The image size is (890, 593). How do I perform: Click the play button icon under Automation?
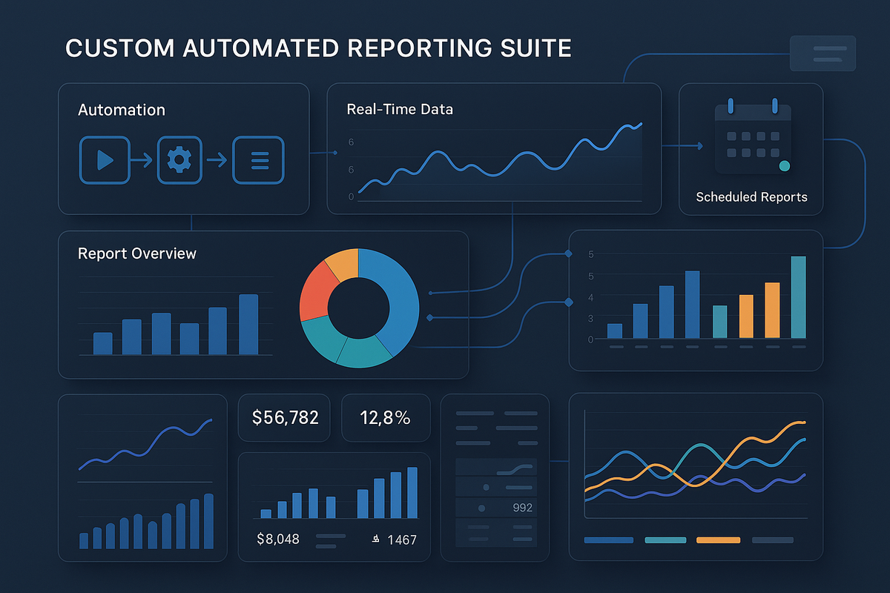click(104, 159)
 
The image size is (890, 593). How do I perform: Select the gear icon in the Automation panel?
click(179, 159)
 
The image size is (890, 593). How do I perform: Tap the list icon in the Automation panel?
click(258, 159)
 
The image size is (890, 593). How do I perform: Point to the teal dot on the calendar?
click(785, 166)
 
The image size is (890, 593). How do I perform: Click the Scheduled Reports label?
click(751, 197)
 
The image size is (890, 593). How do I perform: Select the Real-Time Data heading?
click(400, 109)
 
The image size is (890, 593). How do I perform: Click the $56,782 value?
click(285, 417)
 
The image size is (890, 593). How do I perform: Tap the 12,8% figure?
click(386, 417)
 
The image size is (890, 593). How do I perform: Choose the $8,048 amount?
click(277, 539)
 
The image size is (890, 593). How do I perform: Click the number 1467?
click(401, 540)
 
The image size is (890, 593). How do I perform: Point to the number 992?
click(523, 508)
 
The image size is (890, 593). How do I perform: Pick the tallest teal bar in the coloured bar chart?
click(798, 296)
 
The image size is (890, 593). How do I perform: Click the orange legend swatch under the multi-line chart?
click(718, 540)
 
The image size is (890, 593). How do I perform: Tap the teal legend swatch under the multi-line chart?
click(666, 540)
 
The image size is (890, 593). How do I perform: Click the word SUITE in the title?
click(533, 48)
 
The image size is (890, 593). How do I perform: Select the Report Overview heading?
click(137, 254)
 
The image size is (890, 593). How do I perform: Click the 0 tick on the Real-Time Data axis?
click(351, 196)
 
